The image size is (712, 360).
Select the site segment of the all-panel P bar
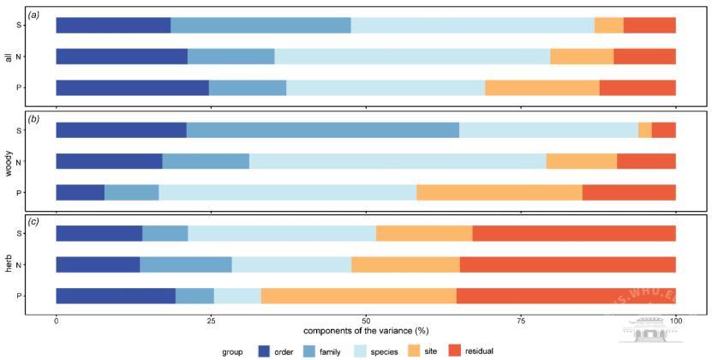(x=541, y=87)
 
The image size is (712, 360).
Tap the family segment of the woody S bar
(x=322, y=130)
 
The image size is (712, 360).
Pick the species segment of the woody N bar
(x=398, y=160)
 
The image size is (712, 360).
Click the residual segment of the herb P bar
(x=565, y=296)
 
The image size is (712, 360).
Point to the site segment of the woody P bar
(x=499, y=192)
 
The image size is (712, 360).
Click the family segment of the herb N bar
(x=185, y=264)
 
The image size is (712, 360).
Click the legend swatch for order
(x=264, y=351)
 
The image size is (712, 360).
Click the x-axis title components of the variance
(x=365, y=330)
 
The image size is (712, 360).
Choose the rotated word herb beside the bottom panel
(x=8, y=264)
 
